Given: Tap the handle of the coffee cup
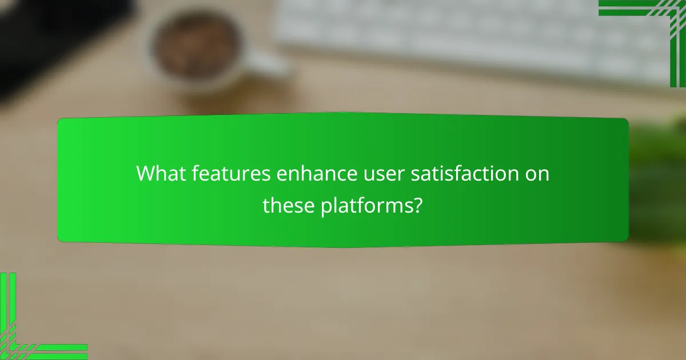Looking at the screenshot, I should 268,63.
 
